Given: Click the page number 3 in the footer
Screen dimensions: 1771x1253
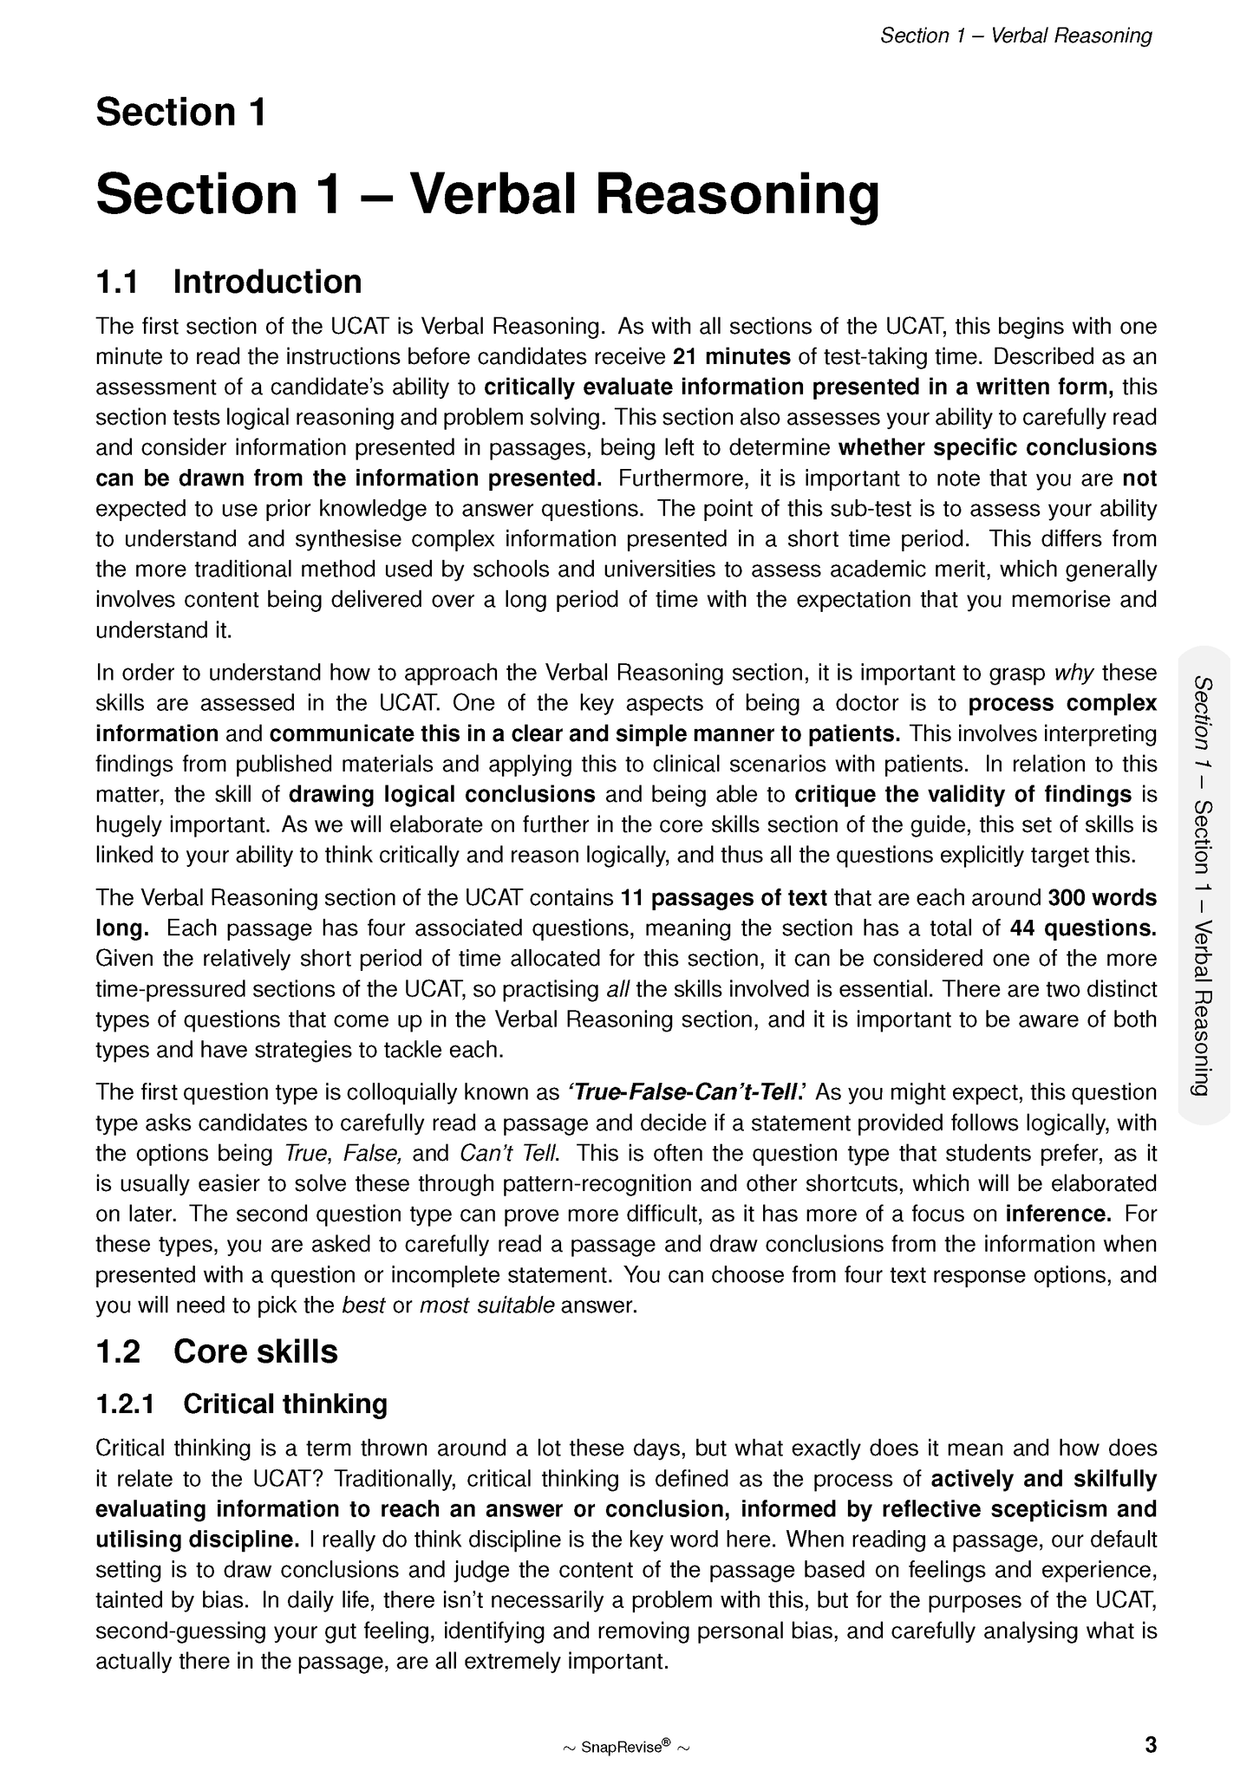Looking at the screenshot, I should coord(1150,1744).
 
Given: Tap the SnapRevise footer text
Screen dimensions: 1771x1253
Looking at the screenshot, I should coord(626,1746).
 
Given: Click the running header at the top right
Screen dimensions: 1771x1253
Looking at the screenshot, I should coord(1015,36).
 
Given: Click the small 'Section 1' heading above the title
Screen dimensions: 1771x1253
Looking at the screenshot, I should coord(180,113).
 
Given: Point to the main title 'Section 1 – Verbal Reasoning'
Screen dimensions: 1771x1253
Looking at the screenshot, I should coord(487,194).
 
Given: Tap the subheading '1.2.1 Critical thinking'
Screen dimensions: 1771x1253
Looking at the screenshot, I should coord(242,1403).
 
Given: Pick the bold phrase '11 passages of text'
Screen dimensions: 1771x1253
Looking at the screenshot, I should coord(724,897).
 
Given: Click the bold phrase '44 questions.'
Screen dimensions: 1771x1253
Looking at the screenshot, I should coord(1083,928).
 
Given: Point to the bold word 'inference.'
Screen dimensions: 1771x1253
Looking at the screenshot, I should coord(1058,1214).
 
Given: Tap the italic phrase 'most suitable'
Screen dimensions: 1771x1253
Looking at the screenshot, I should coord(486,1305).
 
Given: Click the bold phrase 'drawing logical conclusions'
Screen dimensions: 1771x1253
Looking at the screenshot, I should coord(441,794).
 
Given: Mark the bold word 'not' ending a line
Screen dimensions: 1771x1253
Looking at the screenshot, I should coord(1139,479).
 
